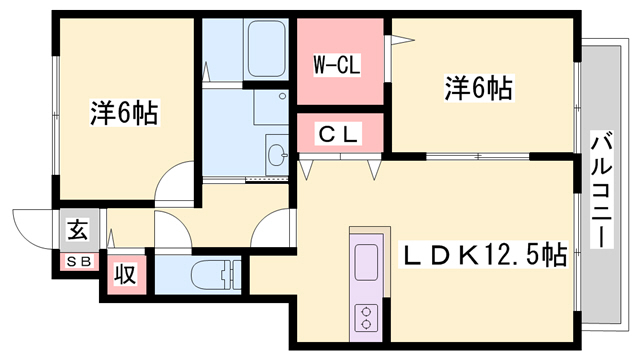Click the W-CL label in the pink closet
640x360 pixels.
(x=336, y=66)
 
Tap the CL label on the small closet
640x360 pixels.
(x=339, y=131)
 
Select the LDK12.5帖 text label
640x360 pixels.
(x=485, y=256)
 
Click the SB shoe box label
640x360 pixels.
(x=77, y=262)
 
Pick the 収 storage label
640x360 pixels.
(x=125, y=273)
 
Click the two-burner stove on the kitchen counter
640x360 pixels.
(x=365, y=316)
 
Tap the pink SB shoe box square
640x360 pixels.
(x=77, y=263)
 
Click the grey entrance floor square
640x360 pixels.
(x=77, y=233)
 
